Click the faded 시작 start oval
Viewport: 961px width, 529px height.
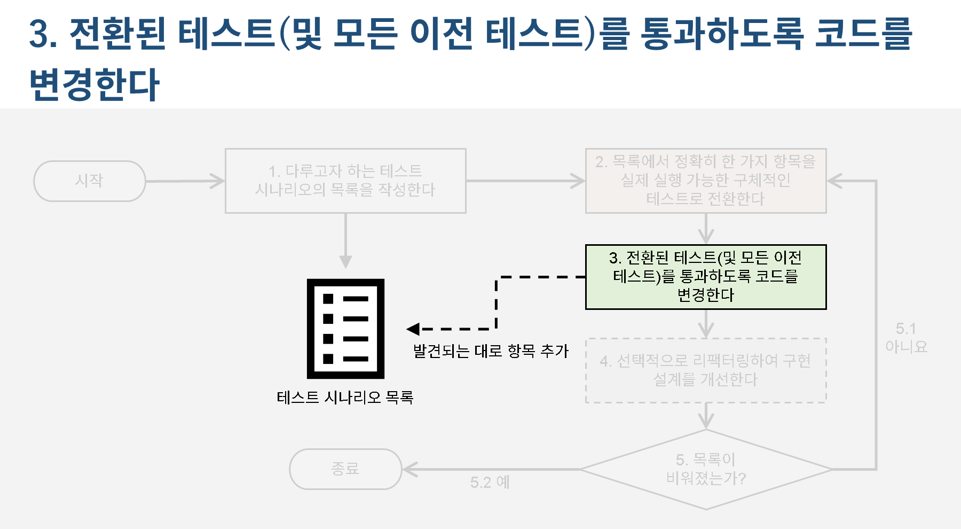[89, 181]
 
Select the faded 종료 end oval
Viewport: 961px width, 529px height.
[345, 469]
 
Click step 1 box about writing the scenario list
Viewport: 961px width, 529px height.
[345, 181]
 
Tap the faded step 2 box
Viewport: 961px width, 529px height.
[705, 181]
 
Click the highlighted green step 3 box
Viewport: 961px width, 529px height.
[705, 277]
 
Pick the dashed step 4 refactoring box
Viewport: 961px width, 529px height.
[705, 370]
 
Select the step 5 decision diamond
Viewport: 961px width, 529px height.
[705, 469]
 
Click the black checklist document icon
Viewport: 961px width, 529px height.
[345, 329]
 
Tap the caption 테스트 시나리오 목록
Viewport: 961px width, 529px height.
[345, 398]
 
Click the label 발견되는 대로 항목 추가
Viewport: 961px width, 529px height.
[491, 351]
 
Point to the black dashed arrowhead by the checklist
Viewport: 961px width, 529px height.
[413, 329]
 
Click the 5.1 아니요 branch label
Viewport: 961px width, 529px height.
[906, 338]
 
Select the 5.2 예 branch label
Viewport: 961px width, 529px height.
[490, 483]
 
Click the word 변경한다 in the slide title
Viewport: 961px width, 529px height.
[94, 84]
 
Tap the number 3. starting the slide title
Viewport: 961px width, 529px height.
[43, 33]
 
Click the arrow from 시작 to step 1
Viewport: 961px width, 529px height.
[184, 181]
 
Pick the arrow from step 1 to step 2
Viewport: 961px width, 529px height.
[525, 181]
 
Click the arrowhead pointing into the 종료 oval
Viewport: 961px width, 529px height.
[409, 469]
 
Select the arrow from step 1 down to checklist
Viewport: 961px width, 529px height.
[345, 240]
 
